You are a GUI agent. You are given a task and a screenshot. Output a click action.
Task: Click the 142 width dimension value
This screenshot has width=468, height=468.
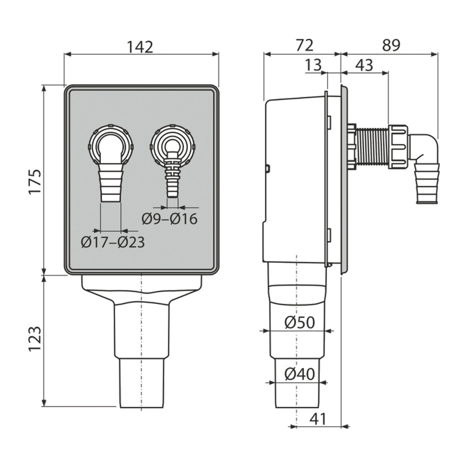click(141, 47)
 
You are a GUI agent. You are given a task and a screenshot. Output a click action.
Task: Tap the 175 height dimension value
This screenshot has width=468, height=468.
click(35, 181)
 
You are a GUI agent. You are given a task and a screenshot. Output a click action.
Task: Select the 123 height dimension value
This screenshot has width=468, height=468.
click(35, 338)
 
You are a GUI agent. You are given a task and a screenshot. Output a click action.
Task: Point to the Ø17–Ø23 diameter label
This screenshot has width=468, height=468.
click(112, 242)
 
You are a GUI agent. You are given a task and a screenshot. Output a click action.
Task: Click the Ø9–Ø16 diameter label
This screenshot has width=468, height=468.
click(170, 219)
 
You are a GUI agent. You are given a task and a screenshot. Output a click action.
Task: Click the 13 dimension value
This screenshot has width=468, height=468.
click(314, 65)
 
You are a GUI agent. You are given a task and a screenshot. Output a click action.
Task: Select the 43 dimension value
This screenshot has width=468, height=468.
click(364, 65)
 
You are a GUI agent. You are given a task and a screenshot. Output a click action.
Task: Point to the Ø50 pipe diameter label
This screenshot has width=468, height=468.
click(299, 323)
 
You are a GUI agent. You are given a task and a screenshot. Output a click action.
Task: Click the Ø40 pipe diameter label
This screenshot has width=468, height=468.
click(299, 375)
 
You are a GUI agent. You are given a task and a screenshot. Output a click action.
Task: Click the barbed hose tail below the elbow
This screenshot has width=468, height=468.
click(428, 185)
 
